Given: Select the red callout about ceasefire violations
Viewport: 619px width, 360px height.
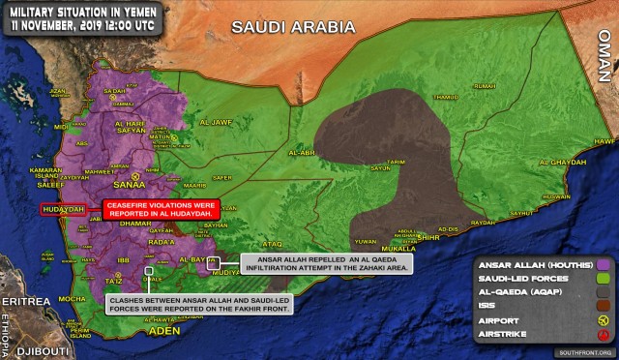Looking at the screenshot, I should pyautogui.click(x=162, y=208).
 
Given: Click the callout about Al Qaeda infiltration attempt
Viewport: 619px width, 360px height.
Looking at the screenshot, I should pyautogui.click(x=325, y=263).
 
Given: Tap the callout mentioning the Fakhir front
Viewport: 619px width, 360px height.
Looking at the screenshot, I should pyautogui.click(x=171, y=303).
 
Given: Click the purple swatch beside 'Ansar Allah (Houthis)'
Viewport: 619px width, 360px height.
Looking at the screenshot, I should pyautogui.click(x=604, y=263).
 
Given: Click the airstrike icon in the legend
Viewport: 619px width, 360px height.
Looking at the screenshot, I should pyautogui.click(x=604, y=335).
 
